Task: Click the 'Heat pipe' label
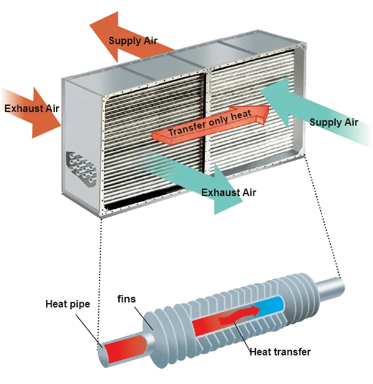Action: click(68, 304)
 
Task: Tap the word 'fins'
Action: click(126, 299)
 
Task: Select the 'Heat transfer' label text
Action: click(280, 352)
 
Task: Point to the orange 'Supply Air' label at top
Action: click(133, 40)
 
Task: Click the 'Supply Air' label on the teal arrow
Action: click(334, 122)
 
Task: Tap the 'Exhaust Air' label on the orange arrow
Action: click(32, 108)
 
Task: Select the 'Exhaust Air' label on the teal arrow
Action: click(229, 192)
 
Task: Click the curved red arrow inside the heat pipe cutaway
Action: click(239, 315)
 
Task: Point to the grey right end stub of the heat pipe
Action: click(329, 289)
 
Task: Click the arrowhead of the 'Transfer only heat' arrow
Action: click(262, 115)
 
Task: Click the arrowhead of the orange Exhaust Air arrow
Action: click(47, 113)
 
